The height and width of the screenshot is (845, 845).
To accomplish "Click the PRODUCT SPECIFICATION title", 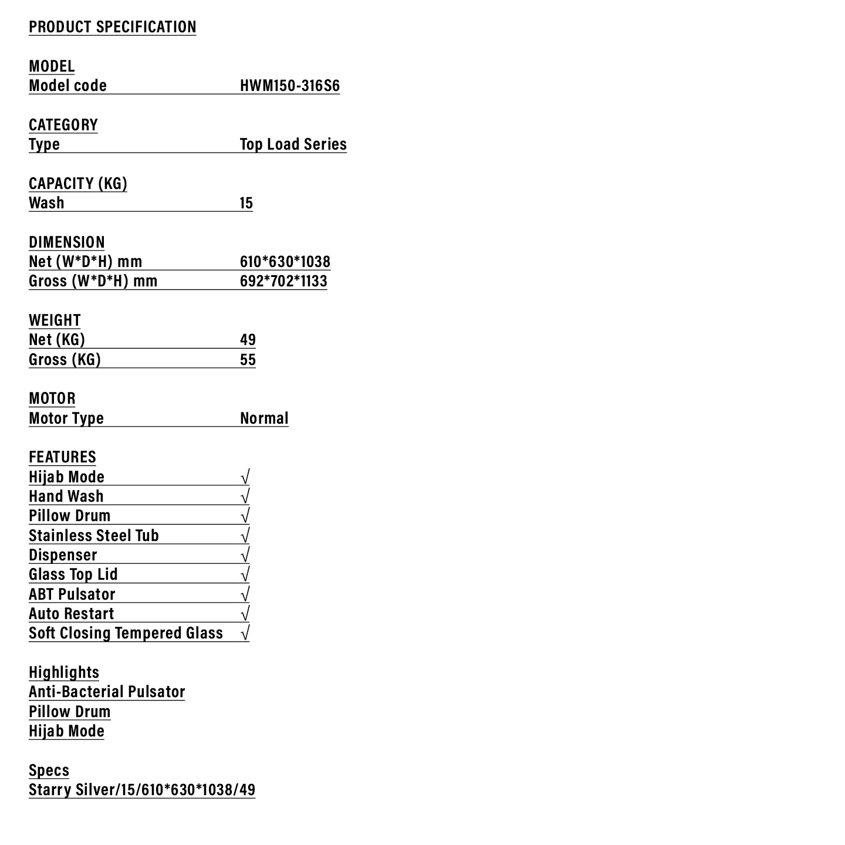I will pyautogui.click(x=112, y=27).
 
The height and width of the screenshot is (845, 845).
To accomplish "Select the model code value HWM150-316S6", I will pyautogui.click(x=289, y=86).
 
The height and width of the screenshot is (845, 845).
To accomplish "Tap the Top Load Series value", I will pyautogui.click(x=293, y=144).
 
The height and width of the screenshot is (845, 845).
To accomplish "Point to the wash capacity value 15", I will pyautogui.click(x=246, y=203).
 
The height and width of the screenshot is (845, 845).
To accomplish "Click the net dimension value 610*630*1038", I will pyautogui.click(x=285, y=262).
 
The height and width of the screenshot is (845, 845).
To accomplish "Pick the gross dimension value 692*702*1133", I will pyautogui.click(x=283, y=281).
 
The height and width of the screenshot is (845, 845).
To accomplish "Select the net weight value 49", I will pyautogui.click(x=248, y=340).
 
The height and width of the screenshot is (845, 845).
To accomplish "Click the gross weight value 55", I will pyautogui.click(x=248, y=360).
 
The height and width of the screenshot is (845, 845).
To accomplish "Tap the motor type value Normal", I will pyautogui.click(x=264, y=418).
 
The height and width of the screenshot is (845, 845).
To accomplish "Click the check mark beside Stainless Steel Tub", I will pyautogui.click(x=245, y=536).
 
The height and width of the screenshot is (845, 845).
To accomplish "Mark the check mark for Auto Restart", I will pyautogui.click(x=245, y=614).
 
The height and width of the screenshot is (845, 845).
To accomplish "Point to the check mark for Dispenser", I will pyautogui.click(x=245, y=555).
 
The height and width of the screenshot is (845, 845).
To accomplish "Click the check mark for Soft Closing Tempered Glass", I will pyautogui.click(x=245, y=633).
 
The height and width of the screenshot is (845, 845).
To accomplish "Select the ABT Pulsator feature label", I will pyautogui.click(x=72, y=594).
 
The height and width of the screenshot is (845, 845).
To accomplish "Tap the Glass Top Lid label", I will pyautogui.click(x=73, y=574).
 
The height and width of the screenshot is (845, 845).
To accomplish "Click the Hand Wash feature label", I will pyautogui.click(x=66, y=496).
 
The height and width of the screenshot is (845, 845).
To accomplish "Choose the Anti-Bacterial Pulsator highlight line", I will pyautogui.click(x=107, y=692).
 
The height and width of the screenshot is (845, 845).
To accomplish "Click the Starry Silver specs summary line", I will pyautogui.click(x=142, y=790).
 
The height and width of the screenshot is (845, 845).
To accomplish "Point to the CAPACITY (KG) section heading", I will pyautogui.click(x=77, y=184).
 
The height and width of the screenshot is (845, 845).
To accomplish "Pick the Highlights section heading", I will pyautogui.click(x=64, y=672).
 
